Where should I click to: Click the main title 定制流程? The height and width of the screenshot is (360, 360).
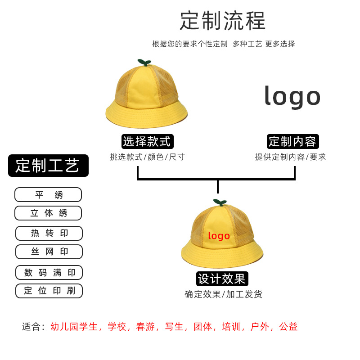[x=223, y=21]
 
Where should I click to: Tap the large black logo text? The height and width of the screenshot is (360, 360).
[x=292, y=96]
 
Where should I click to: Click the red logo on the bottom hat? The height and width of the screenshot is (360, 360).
[x=219, y=236]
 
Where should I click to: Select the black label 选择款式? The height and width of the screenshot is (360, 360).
[x=147, y=141]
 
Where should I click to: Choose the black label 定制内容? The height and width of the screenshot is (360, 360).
[x=292, y=141]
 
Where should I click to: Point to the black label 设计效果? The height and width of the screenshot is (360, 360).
[x=222, y=279]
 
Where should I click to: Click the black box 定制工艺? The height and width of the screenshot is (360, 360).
[x=48, y=166]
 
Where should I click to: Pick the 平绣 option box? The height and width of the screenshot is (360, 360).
[x=48, y=195]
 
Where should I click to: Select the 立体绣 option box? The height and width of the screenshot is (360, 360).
[x=48, y=213]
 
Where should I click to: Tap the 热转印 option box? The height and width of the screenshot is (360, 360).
[x=49, y=233]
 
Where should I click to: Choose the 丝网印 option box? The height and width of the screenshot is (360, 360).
[x=49, y=252]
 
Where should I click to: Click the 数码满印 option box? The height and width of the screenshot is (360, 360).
[x=49, y=272]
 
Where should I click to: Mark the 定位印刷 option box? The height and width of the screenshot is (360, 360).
[x=49, y=291]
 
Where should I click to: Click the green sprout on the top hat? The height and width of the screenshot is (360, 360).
[x=144, y=62]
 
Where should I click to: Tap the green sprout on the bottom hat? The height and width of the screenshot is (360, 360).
[x=219, y=202]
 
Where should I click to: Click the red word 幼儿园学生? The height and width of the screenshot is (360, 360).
[x=74, y=327]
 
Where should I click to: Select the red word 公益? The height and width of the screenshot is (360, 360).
[x=288, y=327]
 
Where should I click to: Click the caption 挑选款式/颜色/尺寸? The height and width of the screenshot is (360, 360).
[x=147, y=157]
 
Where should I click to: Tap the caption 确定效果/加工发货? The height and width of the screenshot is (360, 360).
[x=223, y=294]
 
